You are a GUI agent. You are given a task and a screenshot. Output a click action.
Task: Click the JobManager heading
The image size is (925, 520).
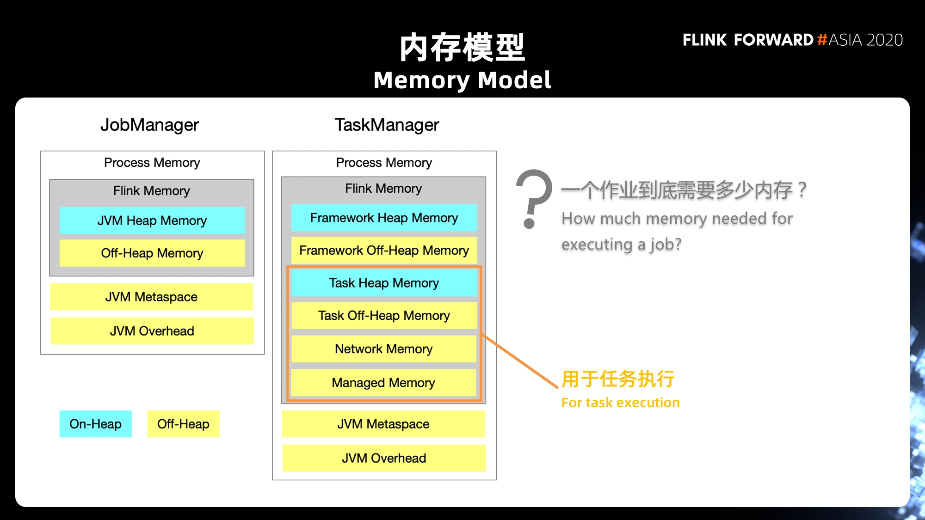[149, 125]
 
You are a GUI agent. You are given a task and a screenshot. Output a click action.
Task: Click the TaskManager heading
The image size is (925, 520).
[387, 125]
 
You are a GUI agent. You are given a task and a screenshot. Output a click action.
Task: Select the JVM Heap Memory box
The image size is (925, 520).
[152, 220]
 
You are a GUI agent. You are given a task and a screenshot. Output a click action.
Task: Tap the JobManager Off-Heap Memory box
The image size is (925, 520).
[152, 253]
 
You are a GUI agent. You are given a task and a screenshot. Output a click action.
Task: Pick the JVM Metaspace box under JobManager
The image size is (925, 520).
[152, 297]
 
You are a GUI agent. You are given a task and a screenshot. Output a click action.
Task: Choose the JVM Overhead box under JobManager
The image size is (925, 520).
[152, 331]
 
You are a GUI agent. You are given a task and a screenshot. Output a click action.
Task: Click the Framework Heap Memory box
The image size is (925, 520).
[384, 218]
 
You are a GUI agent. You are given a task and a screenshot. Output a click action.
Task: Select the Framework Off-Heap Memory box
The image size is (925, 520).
[384, 250]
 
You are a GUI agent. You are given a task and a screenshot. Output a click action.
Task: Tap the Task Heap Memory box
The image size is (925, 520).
[384, 283]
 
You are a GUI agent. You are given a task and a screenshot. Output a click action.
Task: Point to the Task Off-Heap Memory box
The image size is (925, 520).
[384, 316]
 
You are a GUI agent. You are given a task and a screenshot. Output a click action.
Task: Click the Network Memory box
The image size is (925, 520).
[384, 349]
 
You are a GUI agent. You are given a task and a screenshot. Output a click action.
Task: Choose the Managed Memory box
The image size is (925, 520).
[383, 383]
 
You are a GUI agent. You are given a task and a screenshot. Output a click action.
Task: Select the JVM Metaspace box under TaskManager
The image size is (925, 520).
[383, 424]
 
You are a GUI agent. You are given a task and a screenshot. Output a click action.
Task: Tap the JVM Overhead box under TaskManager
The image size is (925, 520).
[384, 458]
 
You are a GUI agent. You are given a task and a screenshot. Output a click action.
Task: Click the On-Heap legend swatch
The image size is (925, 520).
[96, 424]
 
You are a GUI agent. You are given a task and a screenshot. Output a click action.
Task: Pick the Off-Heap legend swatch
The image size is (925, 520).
[184, 424]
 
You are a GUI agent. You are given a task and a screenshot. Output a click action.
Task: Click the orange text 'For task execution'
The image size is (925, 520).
[621, 403]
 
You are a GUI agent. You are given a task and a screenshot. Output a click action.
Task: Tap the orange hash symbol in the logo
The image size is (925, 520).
[822, 40]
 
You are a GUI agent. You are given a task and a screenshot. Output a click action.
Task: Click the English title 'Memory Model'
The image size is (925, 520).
[462, 80]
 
